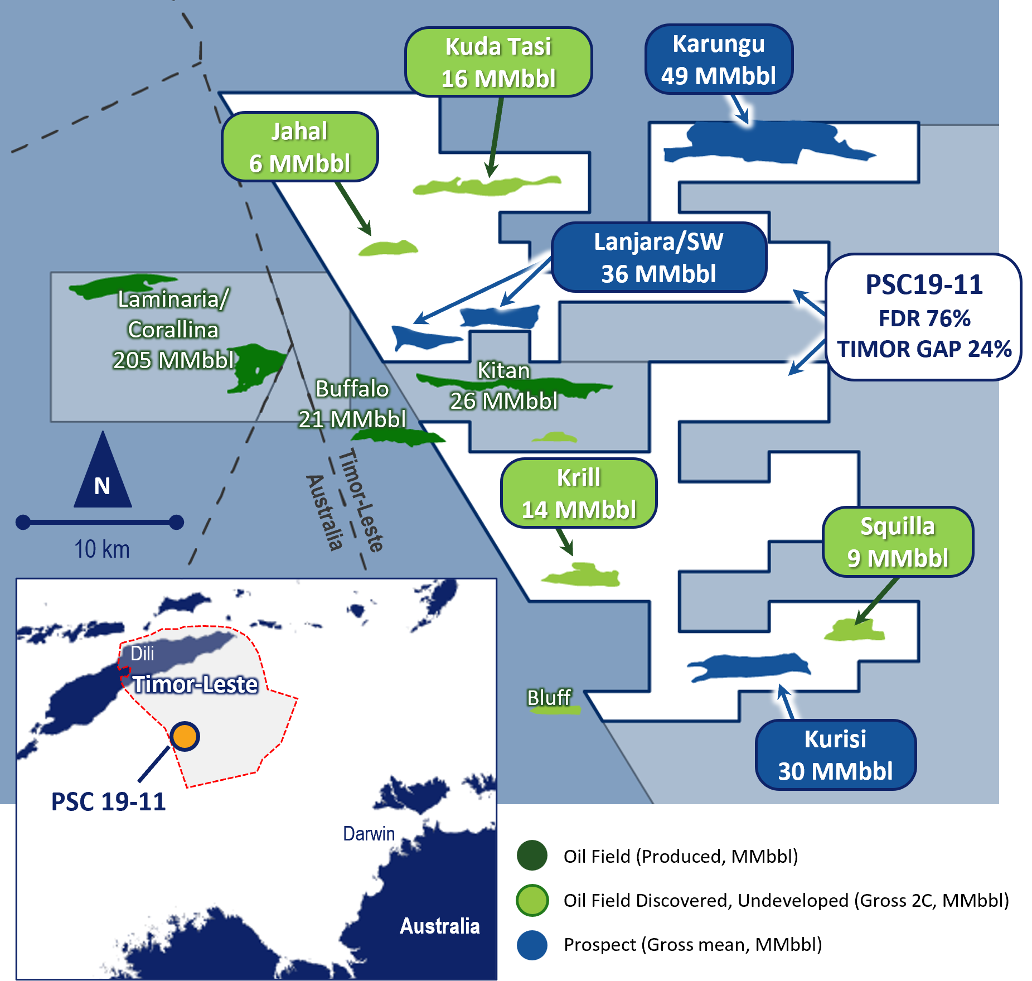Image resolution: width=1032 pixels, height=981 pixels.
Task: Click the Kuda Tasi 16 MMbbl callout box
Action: tap(498, 62)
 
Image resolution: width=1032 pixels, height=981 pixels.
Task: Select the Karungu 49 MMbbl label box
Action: tap(718, 59)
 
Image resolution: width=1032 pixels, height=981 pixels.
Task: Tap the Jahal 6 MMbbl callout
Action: tap(299, 147)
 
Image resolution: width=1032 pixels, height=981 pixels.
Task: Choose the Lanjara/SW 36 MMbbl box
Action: tap(658, 257)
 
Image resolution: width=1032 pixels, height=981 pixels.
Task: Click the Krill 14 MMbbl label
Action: tap(578, 493)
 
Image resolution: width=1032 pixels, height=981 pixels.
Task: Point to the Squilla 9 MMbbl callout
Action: tap(897, 542)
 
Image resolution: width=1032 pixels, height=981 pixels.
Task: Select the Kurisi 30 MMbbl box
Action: tap(835, 755)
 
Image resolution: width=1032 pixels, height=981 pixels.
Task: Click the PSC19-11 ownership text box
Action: tap(923, 317)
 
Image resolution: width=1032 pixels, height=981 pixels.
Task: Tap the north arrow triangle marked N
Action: tap(103, 474)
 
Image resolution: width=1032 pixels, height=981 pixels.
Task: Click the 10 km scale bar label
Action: tap(102, 549)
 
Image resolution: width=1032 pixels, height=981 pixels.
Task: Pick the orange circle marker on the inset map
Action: tap(185, 736)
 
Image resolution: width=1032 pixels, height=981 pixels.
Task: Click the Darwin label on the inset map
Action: tap(369, 833)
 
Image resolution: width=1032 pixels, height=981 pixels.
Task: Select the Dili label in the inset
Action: tap(142, 653)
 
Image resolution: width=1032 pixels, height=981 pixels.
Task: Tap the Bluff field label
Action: tap(549, 697)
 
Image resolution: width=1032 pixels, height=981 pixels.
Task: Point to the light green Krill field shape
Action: tap(583, 576)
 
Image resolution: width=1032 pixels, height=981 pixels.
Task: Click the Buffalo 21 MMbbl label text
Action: tap(352, 404)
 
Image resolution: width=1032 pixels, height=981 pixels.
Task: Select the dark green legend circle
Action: tap(532, 855)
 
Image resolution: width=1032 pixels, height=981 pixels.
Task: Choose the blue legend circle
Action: tap(532, 945)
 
